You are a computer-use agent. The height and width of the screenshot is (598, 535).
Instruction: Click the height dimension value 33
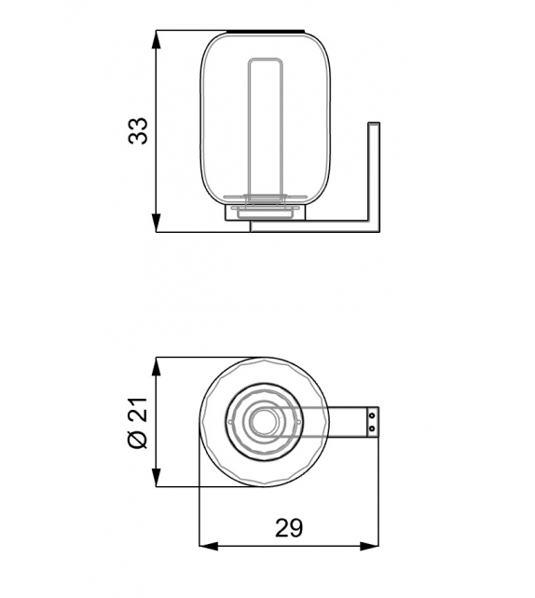tap(139, 130)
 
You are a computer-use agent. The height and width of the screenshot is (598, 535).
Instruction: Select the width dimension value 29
tap(289, 528)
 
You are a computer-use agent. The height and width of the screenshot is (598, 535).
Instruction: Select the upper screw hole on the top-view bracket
tap(372, 415)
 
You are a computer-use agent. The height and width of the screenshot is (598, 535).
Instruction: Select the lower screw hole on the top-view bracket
tap(372, 428)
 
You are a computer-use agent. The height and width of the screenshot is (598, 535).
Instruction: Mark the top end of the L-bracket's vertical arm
tap(375, 123)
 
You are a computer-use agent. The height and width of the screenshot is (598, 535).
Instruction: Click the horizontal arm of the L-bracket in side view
tap(317, 225)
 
